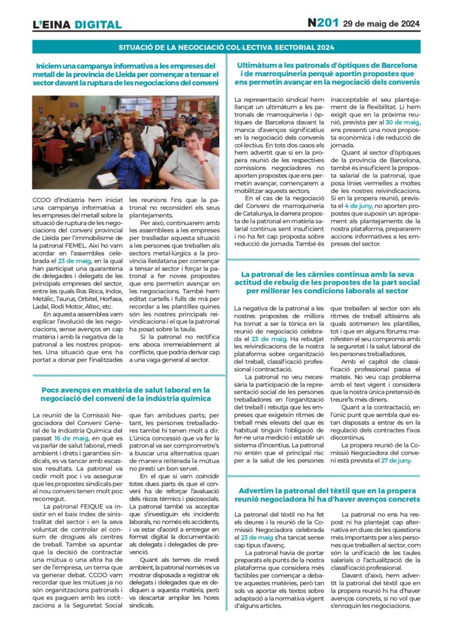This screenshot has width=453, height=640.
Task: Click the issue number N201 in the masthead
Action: click(322, 23)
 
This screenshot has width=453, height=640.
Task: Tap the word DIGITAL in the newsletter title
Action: click(97, 25)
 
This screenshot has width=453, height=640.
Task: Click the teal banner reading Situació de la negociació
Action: click(226, 47)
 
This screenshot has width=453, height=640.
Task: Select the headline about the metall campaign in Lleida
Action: click(126, 74)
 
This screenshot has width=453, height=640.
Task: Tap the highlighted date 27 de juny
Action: click(397, 477)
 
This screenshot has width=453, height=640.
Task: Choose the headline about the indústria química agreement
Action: click(126, 394)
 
